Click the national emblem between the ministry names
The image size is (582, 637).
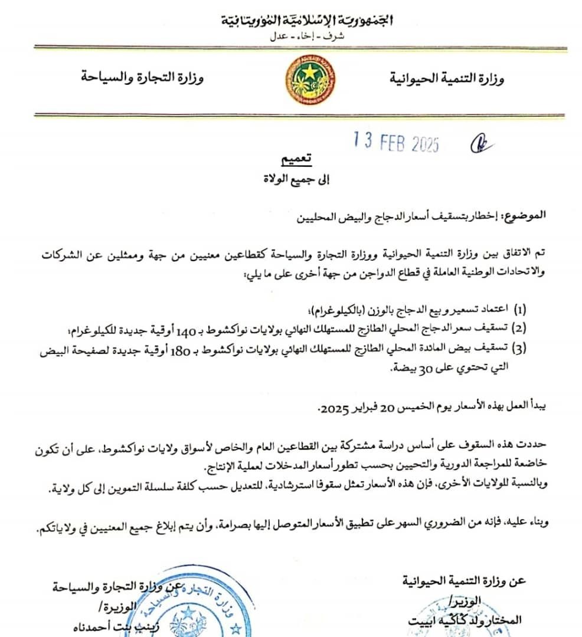tap(307, 81)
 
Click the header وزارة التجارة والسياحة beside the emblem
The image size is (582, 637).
tap(142, 78)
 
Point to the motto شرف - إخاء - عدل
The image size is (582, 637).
tap(306, 36)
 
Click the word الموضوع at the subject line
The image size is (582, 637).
tap(522, 215)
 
